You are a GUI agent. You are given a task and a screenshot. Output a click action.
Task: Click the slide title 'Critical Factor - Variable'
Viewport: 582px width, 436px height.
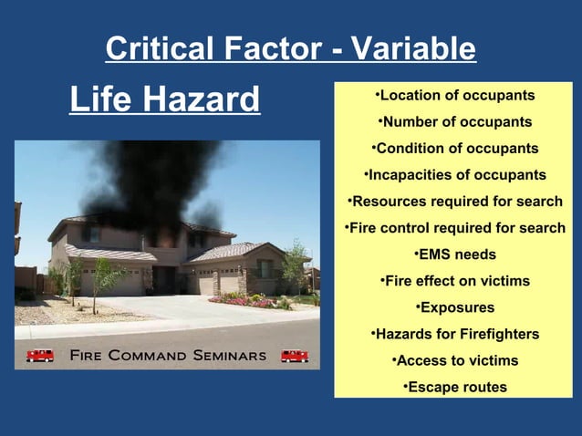coord(290,48)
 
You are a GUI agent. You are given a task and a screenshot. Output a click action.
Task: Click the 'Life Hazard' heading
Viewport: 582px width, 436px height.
coord(164,99)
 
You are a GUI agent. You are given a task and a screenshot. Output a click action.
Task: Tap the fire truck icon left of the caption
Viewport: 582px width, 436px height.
coord(40,355)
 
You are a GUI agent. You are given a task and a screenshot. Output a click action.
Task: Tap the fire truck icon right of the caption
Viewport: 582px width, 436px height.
coord(294,355)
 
